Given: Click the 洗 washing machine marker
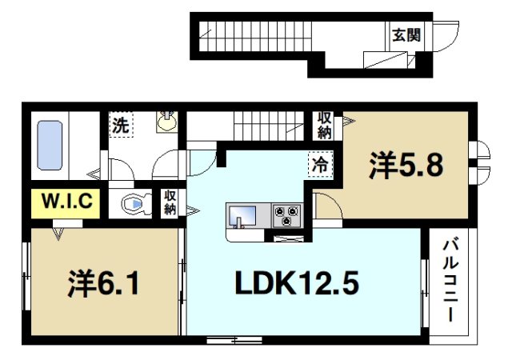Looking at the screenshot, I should (x=120, y=126).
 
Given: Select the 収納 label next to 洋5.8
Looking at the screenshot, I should (x=324, y=126).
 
